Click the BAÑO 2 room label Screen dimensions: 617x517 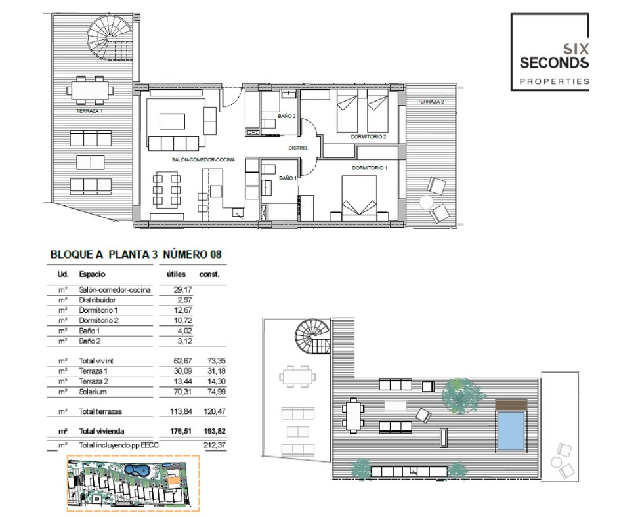286,116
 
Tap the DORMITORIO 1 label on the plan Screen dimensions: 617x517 370,167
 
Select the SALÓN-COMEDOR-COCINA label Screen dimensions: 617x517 203,159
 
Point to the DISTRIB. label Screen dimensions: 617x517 298,148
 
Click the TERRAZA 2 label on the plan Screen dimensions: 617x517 431,102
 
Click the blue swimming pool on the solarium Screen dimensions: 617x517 511,431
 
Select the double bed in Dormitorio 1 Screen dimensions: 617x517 359,198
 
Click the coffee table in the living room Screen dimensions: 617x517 173,121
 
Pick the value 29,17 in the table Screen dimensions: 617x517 182,290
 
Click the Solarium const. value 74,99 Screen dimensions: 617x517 217,392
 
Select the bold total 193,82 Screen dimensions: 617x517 215,431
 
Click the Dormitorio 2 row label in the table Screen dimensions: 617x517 98,321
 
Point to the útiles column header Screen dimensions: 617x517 176,274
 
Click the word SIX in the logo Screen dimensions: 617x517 576,49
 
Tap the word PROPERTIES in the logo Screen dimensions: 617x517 555,81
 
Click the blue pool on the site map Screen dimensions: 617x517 137,470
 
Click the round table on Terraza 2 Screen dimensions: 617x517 427,202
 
